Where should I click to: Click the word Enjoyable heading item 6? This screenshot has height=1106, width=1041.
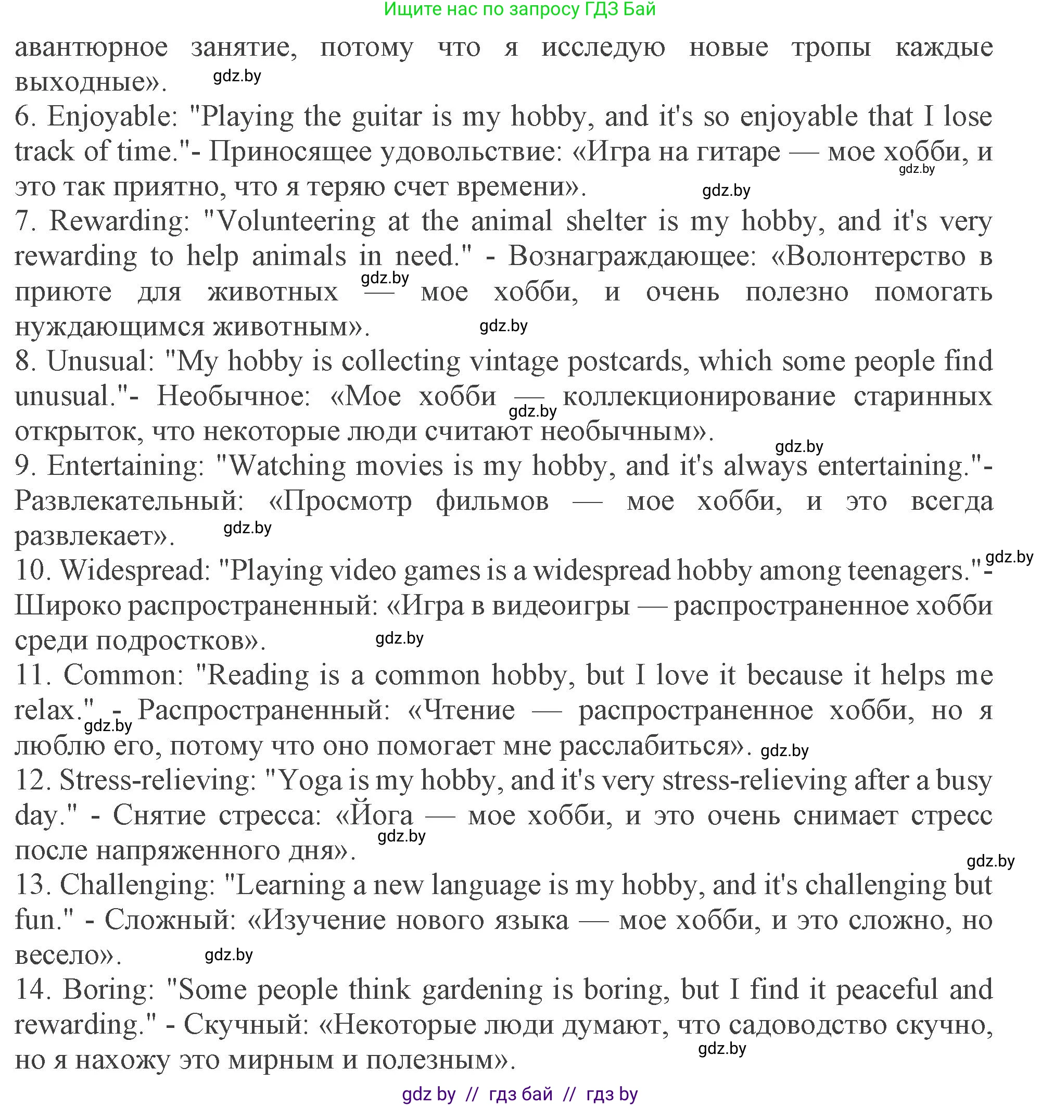[x=112, y=117]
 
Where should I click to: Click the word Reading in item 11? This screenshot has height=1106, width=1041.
[x=258, y=676]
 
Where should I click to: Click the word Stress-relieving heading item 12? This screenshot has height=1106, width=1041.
[x=156, y=781]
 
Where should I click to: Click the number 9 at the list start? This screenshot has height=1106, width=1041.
[x=24, y=466]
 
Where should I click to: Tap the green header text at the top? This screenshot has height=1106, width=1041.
[x=519, y=9]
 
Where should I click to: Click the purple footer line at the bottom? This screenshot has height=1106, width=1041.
[x=519, y=1094]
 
